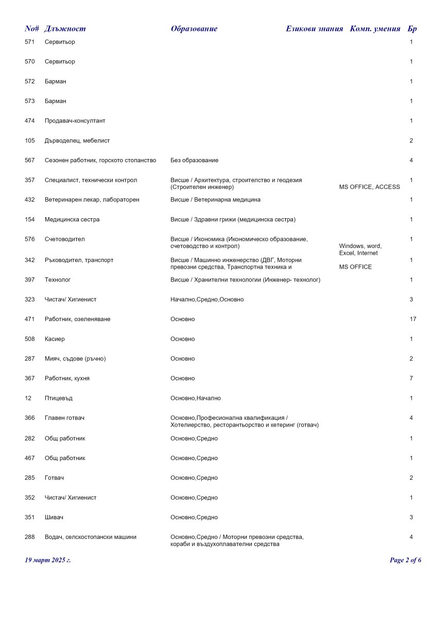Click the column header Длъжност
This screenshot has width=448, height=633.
coord(65,29)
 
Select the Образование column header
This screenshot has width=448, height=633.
coord(194,29)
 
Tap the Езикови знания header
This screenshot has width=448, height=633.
coord(314,29)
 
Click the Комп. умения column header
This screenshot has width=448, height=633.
coord(375,29)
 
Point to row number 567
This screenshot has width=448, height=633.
coord(30,161)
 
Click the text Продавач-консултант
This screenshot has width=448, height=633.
coord(75,121)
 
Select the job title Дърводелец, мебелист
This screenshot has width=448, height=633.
coord(77,140)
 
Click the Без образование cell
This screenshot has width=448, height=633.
coord(194,161)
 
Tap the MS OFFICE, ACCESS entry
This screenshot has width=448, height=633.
coord(369,187)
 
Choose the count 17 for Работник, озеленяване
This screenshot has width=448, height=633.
coord(412,319)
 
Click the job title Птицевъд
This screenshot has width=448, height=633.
coord(58,398)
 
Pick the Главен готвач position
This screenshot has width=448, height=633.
coord(64,418)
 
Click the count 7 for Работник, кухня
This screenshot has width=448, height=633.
coord(411,378)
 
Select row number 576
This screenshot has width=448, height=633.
coord(30,239)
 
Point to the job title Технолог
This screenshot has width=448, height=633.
coord(58,280)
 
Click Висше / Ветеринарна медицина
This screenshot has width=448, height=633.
coord(215,200)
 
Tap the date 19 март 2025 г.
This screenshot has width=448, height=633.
coord(48,560)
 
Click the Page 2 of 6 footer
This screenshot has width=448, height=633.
coord(405,560)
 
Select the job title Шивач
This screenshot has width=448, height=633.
coord(54,517)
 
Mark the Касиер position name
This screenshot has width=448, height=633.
coord(55,339)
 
